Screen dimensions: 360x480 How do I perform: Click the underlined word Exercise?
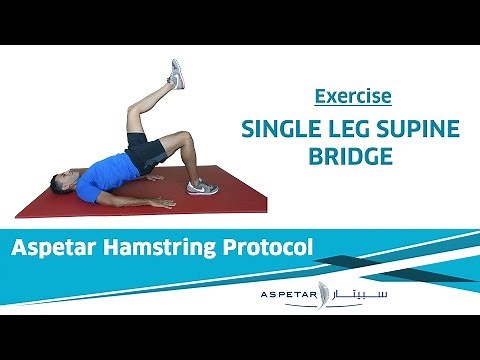point(352,97)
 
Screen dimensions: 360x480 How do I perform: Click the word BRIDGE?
point(352,157)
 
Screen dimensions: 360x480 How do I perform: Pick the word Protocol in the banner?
point(267,246)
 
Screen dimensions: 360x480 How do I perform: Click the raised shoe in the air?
point(176,74)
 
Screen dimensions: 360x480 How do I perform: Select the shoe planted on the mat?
point(201,186)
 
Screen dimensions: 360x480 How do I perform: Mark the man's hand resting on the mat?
point(161,203)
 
